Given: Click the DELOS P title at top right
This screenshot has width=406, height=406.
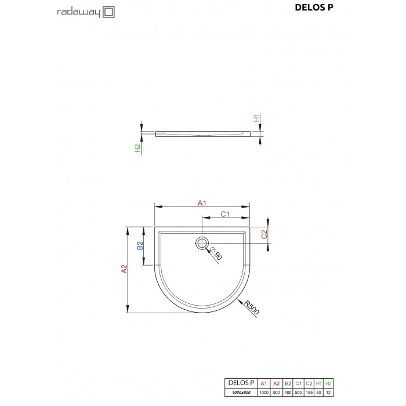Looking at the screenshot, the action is (314, 8).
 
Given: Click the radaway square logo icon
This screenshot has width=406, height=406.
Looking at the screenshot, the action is (109, 12).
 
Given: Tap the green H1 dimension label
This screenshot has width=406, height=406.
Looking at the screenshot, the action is (256, 118).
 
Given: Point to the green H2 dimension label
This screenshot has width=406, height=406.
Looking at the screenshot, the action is (137, 148).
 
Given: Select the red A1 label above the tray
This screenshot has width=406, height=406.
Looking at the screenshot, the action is (202, 203).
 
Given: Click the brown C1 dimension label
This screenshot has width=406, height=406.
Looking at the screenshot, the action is (225, 214).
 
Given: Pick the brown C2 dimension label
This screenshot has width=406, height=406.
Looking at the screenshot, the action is (264, 234).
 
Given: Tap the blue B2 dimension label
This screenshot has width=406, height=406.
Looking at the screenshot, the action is (140, 245).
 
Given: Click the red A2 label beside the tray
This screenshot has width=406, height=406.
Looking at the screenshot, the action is (124, 269).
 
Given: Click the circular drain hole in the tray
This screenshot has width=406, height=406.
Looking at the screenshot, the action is (202, 244).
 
